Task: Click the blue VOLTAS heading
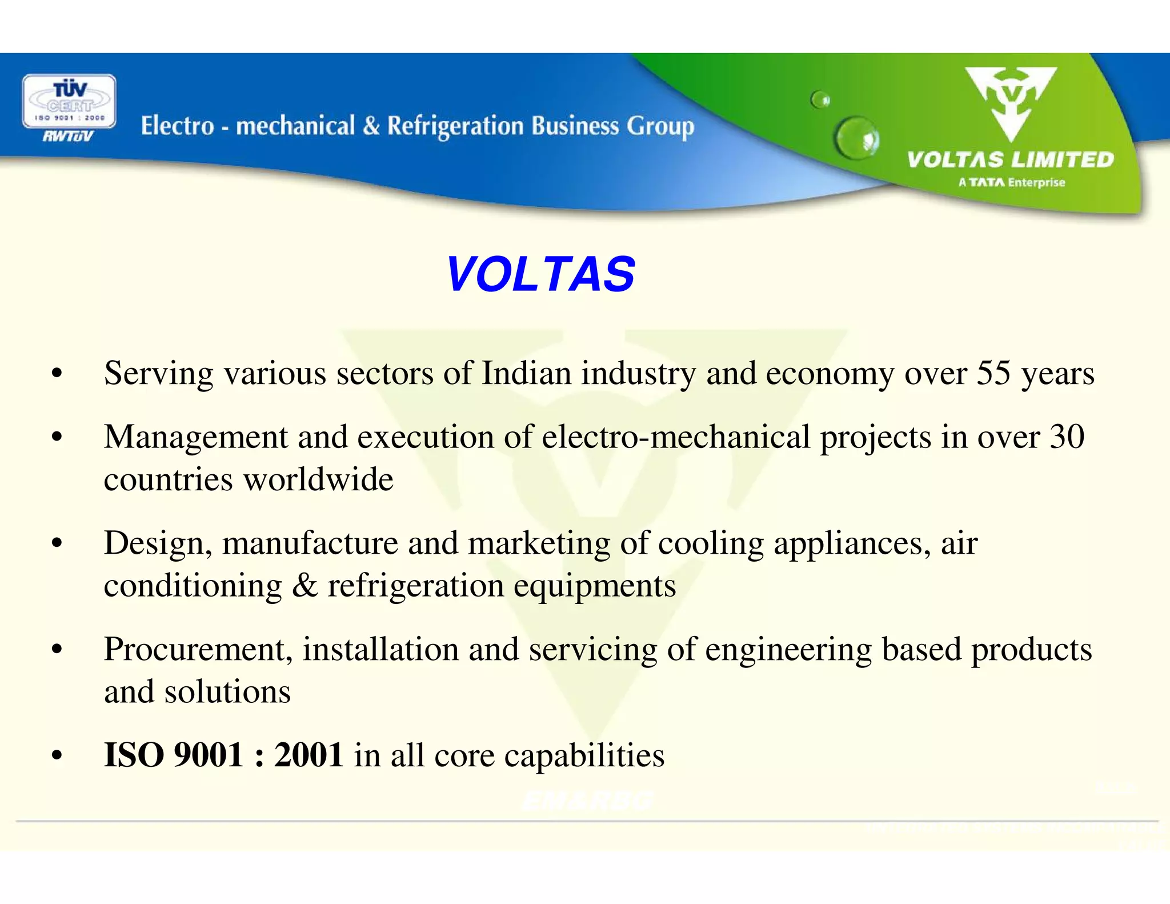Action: (x=540, y=274)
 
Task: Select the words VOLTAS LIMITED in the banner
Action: (x=1010, y=159)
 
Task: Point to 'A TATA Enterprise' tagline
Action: (x=1012, y=183)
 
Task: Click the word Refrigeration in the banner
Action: (x=455, y=126)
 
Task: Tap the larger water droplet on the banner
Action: (x=857, y=137)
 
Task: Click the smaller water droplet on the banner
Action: (x=821, y=100)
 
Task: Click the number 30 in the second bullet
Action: (x=1067, y=437)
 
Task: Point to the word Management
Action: (x=195, y=437)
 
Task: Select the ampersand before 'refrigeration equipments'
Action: (x=304, y=586)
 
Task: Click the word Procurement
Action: (x=198, y=650)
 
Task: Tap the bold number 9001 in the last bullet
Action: (x=209, y=755)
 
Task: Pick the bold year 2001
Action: (x=308, y=755)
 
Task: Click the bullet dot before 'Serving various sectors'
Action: (x=56, y=374)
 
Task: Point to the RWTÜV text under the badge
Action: (x=68, y=136)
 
